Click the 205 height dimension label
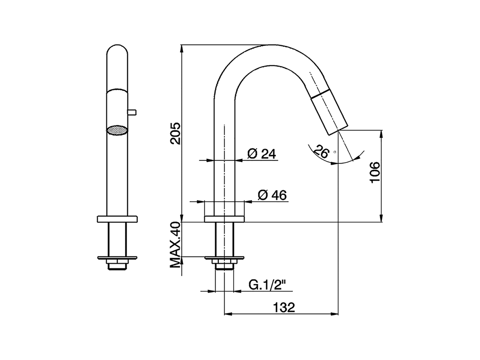[175, 133]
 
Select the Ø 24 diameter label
[261, 154]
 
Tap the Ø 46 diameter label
[272, 195]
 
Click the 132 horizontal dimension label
[284, 307]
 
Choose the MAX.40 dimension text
[175, 245]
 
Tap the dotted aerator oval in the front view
[117, 130]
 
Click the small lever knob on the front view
[132, 112]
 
